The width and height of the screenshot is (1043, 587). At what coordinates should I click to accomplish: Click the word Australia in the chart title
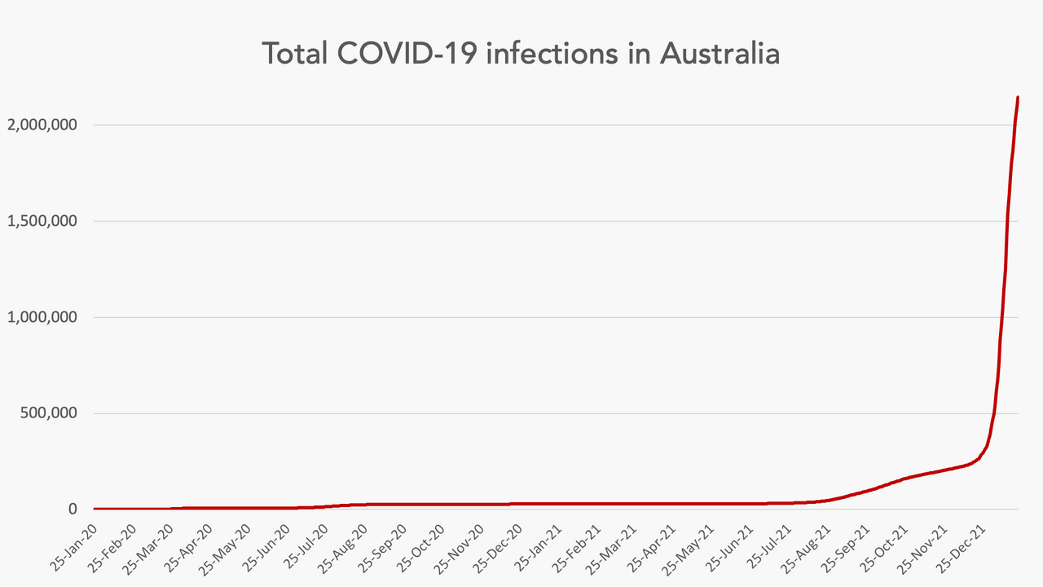point(720,54)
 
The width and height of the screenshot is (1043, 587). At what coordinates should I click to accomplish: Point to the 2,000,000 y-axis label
point(42,125)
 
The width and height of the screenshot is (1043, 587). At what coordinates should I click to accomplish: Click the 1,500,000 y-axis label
point(42,221)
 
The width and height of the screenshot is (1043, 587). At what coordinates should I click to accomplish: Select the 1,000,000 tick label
point(42,317)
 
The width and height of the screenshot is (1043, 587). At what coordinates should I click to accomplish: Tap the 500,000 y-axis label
point(50,413)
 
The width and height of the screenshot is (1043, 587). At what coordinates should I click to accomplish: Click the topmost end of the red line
point(1018,98)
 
